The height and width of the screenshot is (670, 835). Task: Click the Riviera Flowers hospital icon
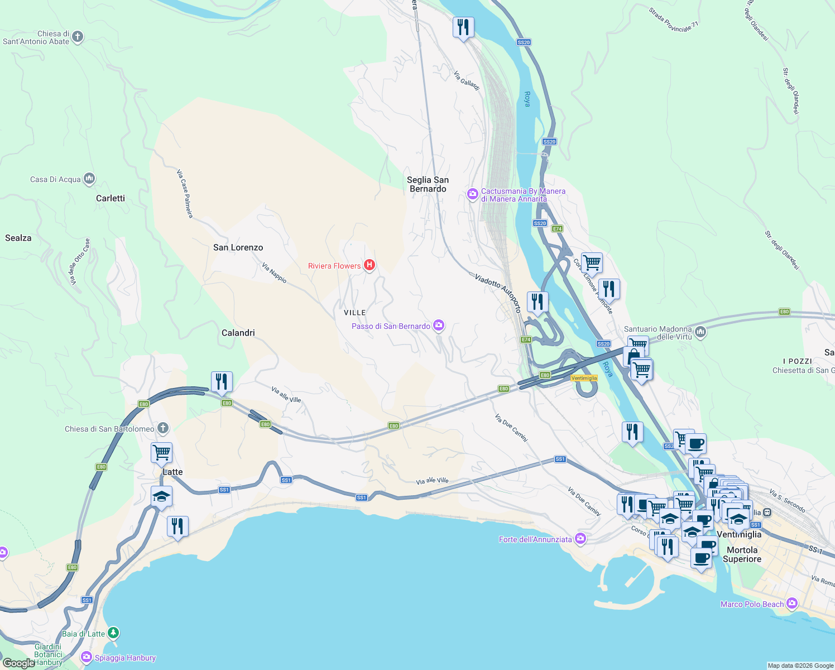[x=369, y=265]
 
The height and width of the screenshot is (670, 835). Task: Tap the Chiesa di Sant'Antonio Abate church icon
[x=78, y=37]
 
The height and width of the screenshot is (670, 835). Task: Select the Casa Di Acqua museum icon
[x=89, y=179]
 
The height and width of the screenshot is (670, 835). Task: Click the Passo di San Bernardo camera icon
[x=439, y=326]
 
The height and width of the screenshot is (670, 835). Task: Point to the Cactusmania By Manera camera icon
[x=473, y=194]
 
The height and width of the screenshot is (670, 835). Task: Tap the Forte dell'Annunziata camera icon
[x=580, y=539]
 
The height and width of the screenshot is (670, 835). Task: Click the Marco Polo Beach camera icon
[x=792, y=604]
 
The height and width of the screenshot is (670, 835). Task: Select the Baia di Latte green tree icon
[x=113, y=633]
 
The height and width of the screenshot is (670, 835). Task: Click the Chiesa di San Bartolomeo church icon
[x=162, y=428]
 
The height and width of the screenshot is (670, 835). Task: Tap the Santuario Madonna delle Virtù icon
[x=701, y=332]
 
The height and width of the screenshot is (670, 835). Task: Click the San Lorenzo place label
[x=238, y=247]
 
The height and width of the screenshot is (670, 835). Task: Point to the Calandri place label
[x=238, y=333]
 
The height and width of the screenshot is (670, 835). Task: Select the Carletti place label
[x=111, y=198]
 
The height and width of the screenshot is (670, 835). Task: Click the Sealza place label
[x=18, y=238]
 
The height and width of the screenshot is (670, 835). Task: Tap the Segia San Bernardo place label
[x=428, y=184]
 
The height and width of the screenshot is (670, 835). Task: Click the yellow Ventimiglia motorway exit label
[x=584, y=378]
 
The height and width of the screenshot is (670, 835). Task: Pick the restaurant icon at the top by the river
[x=463, y=27]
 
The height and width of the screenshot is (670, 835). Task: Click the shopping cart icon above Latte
[x=161, y=452]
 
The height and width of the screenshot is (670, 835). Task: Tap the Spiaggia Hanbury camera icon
[x=86, y=657]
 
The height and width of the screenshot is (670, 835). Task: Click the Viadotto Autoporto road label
[x=498, y=292]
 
